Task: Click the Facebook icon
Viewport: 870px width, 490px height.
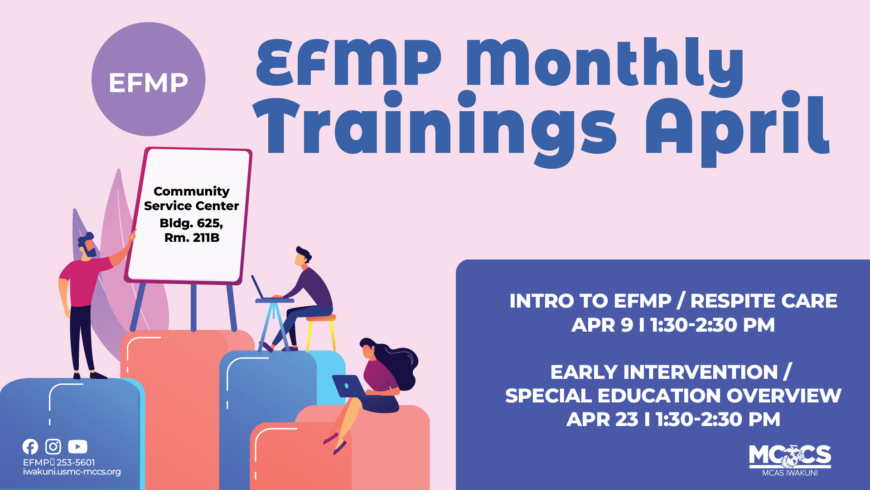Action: [30, 447]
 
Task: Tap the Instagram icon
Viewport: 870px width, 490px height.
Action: [53, 447]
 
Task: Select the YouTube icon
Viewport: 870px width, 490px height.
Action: [77, 447]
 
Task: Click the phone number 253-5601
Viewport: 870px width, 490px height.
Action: [76, 462]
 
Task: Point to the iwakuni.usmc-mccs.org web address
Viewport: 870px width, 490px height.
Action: [72, 472]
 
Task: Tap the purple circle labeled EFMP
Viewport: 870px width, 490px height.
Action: [148, 79]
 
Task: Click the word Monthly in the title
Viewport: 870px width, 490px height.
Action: [604, 64]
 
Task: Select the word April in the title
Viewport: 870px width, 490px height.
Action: [737, 127]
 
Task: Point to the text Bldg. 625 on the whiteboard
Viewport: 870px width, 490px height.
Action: [191, 223]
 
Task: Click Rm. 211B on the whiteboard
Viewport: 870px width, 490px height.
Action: [192, 238]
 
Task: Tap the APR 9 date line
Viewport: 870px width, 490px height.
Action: [673, 325]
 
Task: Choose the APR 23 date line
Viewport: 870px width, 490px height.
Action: [673, 419]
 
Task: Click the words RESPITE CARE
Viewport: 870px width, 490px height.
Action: [764, 301]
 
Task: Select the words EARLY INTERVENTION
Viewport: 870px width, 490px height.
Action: [664, 372]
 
